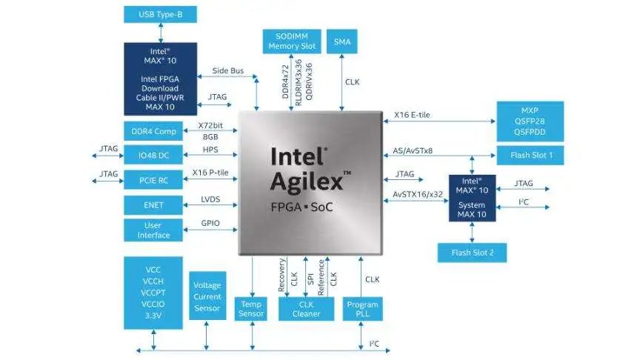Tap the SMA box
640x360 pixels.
click(341, 41)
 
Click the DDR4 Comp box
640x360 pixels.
click(153, 131)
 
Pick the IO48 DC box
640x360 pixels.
click(153, 156)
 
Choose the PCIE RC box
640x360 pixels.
click(153, 180)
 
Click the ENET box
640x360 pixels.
click(153, 204)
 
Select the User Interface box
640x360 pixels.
click(153, 230)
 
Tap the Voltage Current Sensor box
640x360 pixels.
click(207, 296)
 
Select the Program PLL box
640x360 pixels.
click(362, 309)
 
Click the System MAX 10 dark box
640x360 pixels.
click(472, 198)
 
